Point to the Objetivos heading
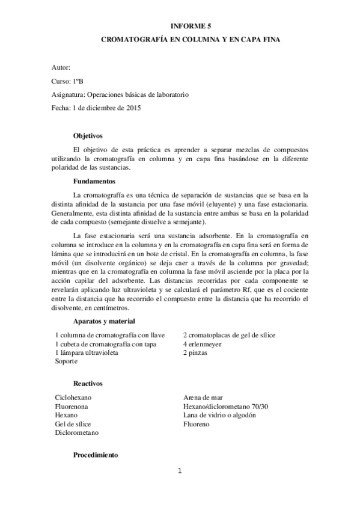pos(88,136)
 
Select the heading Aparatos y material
pos(104,321)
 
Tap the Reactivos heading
pos(88,383)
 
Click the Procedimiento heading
pos(96,455)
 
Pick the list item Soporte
pos(66,361)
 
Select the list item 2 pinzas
pos(195,353)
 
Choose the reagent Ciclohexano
pos(73,398)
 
